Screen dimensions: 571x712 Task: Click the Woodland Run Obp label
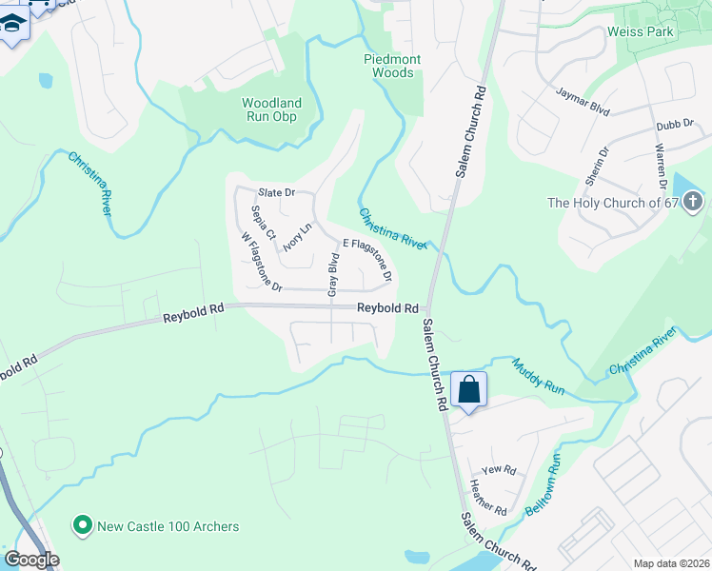tap(271, 109)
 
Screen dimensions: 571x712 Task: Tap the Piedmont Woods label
tap(392, 66)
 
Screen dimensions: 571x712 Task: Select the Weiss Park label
tap(641, 31)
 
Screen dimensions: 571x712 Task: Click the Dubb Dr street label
tap(671, 126)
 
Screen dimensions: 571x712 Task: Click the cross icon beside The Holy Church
tap(693, 202)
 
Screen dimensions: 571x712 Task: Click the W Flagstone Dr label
tap(262, 262)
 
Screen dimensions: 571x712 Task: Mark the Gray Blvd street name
tap(333, 275)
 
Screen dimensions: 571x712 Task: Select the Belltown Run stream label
tap(544, 484)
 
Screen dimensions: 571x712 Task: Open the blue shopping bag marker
tap(469, 389)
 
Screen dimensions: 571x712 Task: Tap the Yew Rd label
tap(499, 470)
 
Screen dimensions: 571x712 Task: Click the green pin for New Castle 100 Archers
tap(83, 524)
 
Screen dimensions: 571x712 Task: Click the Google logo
tap(31, 560)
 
